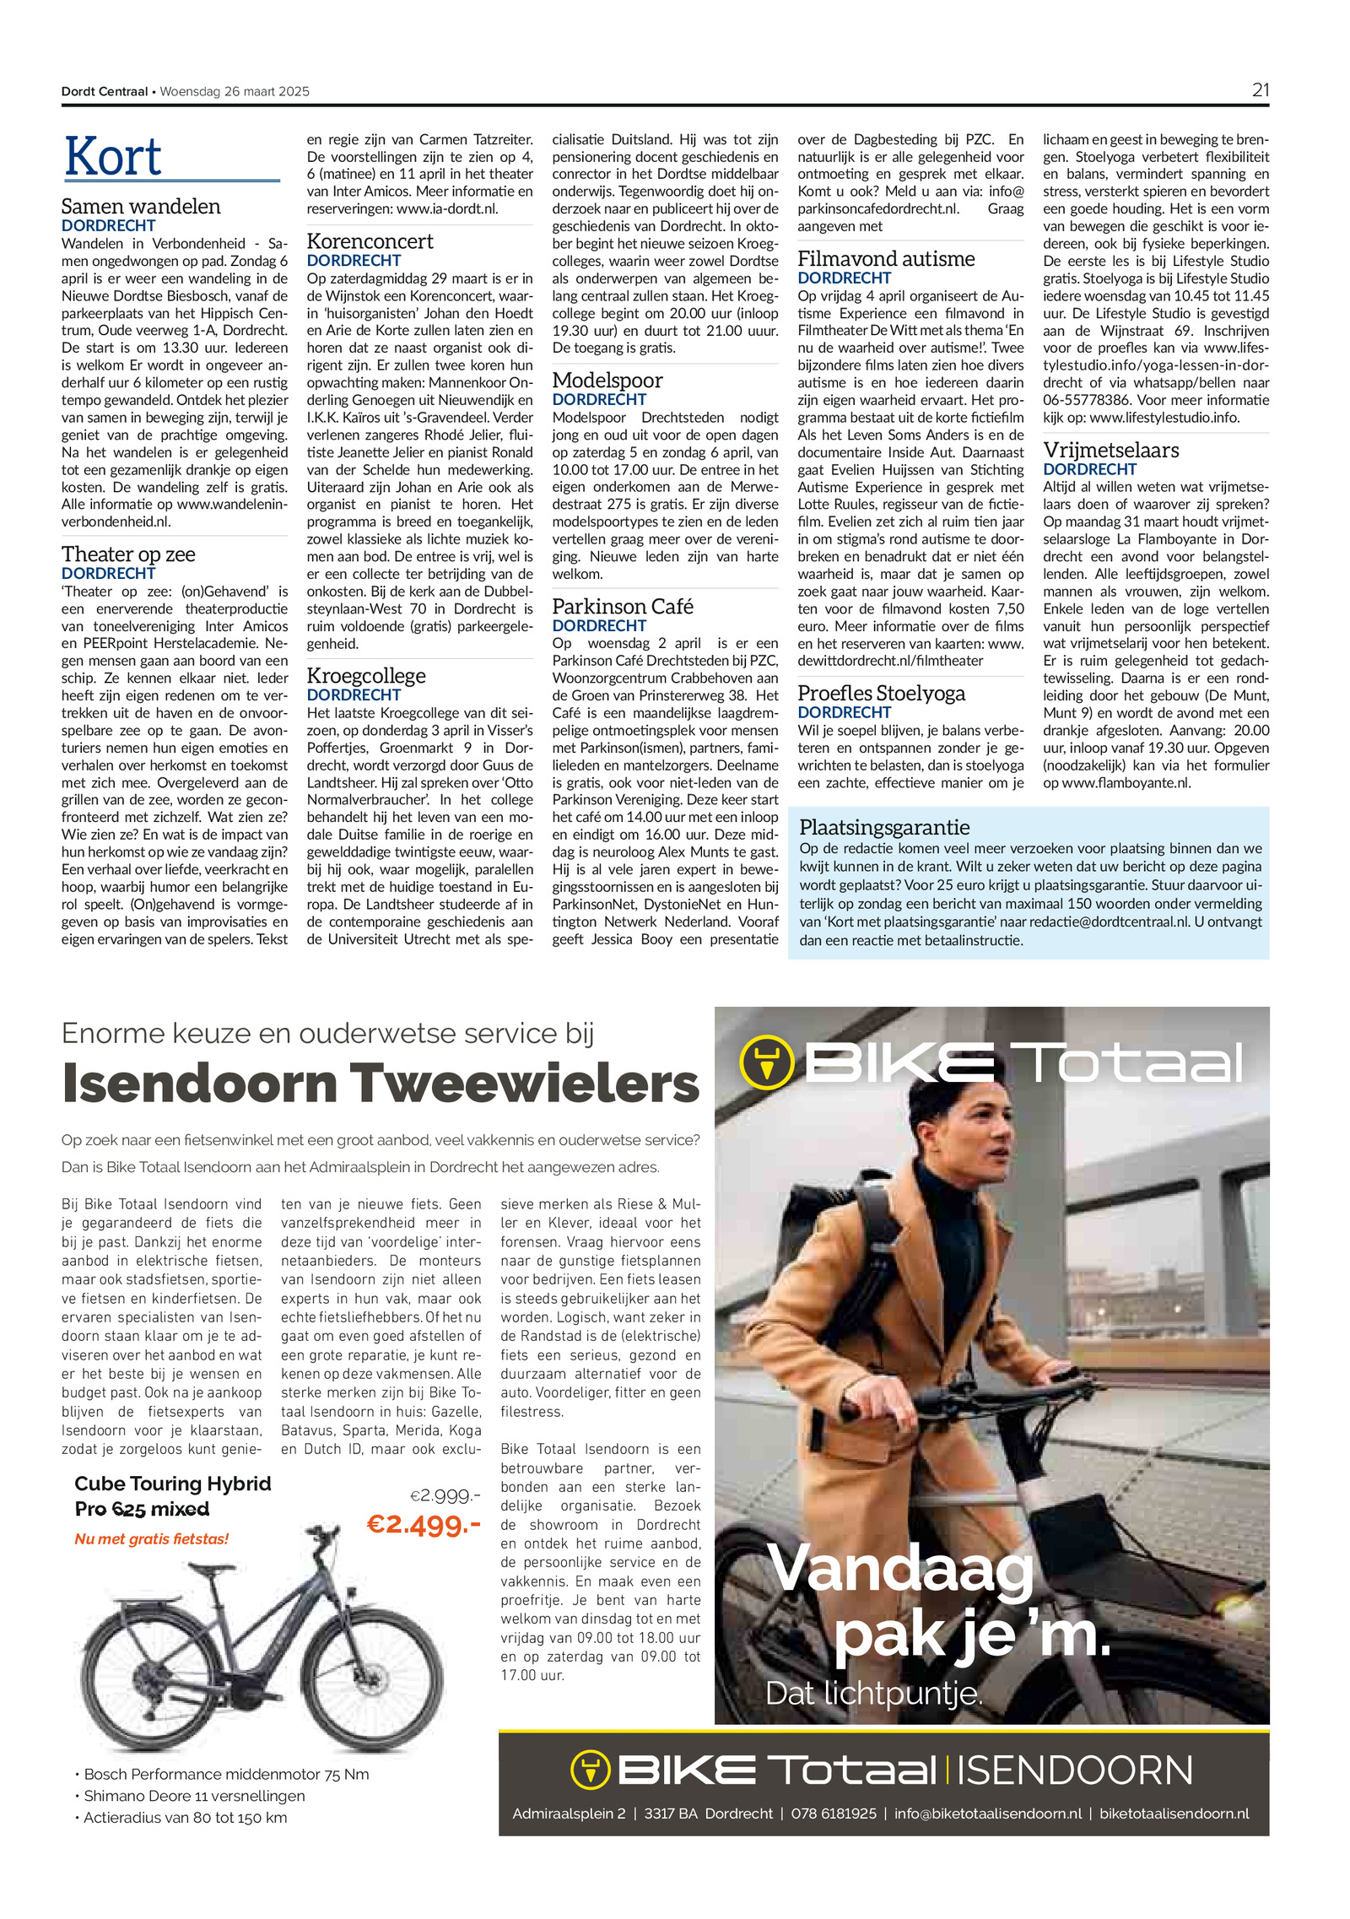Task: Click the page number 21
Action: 1260,90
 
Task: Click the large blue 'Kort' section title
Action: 113,157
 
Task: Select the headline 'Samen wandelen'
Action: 141,207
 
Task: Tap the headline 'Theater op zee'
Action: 128,554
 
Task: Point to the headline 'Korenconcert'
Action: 370,241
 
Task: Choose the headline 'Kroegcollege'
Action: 366,676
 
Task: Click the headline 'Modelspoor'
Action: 607,381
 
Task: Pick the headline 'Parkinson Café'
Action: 623,607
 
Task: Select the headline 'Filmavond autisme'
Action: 886,259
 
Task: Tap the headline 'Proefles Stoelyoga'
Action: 881,694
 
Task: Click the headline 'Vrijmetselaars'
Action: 1111,450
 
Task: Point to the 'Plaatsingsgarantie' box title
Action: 884,827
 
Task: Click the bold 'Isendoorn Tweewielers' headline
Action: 381,1084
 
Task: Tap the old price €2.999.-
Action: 445,1495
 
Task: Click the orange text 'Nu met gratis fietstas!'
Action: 152,1538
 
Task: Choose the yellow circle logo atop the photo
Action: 766,1062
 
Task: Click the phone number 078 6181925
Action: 834,1814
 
